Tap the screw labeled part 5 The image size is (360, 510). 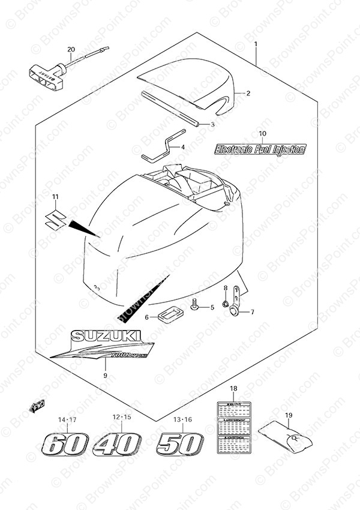point(195,307)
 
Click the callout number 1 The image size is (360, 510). point(256,44)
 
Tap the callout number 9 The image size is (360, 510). point(105,376)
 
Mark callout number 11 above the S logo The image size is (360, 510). point(55,197)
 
